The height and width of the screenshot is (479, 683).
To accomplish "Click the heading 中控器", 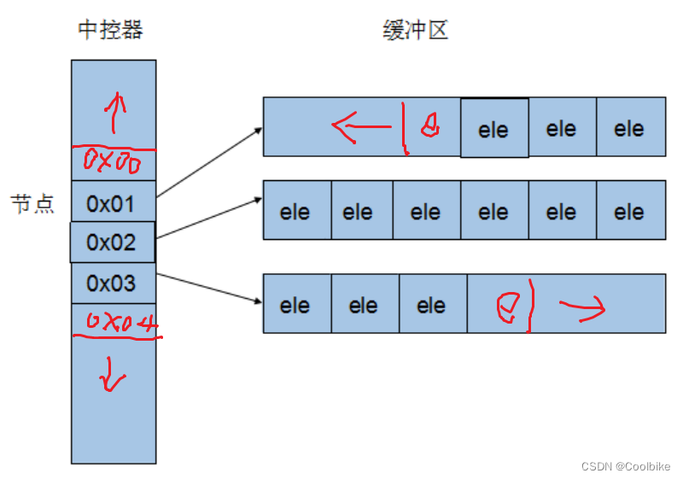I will click(x=110, y=32).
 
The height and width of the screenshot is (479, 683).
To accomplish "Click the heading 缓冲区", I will click(x=415, y=32).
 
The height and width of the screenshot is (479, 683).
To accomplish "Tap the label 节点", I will click(x=32, y=204).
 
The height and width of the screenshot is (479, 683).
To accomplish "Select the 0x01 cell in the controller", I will click(x=111, y=204).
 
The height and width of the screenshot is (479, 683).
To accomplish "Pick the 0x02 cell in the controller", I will click(x=111, y=242).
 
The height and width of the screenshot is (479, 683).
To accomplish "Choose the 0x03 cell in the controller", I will click(x=111, y=283).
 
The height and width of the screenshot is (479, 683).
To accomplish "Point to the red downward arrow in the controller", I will click(x=110, y=376).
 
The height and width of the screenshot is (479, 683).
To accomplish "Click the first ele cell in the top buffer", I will click(x=493, y=130).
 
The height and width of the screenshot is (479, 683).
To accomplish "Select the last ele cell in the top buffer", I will click(x=629, y=129).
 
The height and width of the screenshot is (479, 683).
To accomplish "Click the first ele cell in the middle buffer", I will click(x=295, y=212).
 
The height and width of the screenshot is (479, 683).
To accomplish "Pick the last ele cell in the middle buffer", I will click(x=629, y=212).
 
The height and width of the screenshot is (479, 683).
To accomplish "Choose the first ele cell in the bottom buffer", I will click(x=295, y=305).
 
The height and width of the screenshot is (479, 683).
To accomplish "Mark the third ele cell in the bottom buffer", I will click(x=431, y=305).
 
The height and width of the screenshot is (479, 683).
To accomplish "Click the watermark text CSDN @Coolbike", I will click(x=625, y=466).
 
